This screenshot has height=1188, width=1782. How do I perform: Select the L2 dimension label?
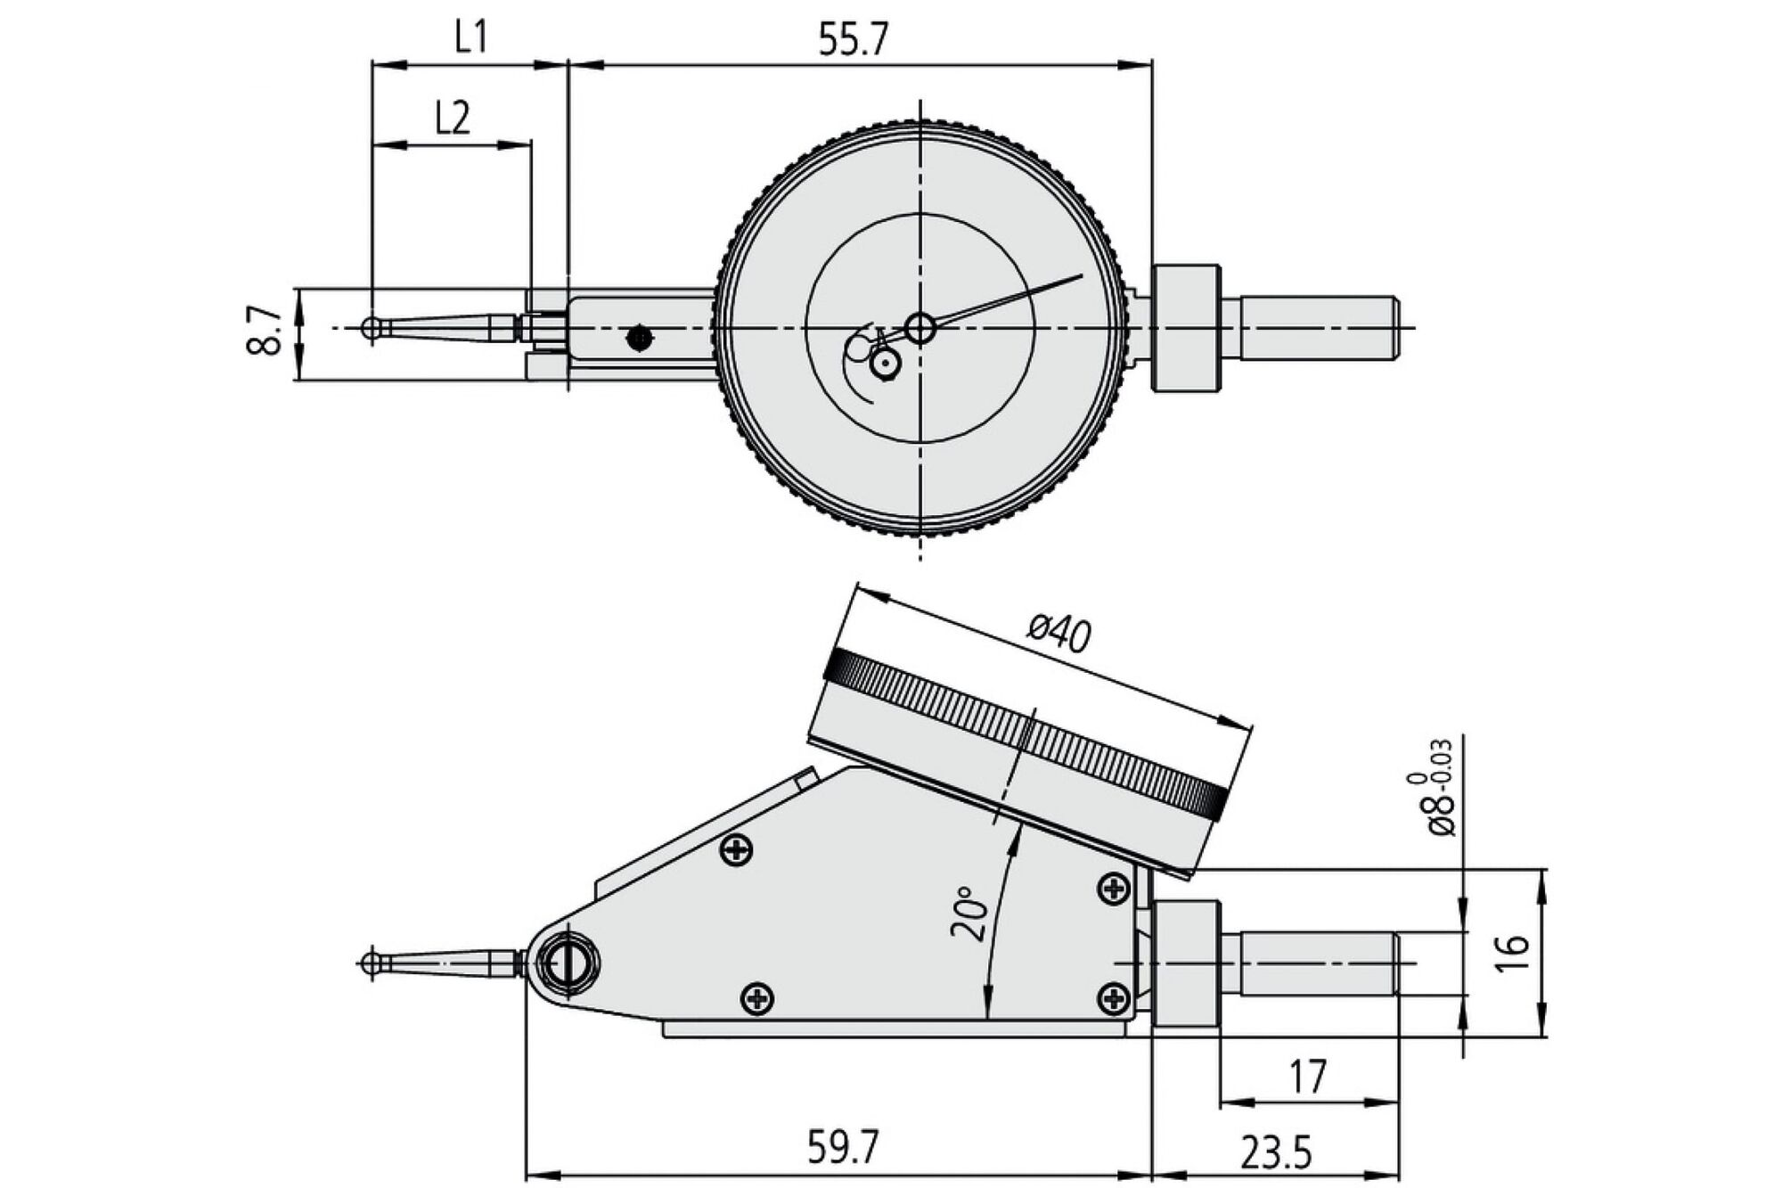click(x=453, y=118)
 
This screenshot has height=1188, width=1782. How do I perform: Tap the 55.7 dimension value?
click(x=854, y=40)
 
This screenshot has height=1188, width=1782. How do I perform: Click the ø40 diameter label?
click(x=1059, y=634)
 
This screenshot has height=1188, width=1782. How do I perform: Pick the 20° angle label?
click(x=969, y=914)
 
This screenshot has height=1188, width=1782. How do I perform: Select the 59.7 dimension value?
click(x=843, y=1147)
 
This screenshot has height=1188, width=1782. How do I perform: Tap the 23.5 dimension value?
click(x=1276, y=1154)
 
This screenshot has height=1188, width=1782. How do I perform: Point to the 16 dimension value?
click(x=1513, y=952)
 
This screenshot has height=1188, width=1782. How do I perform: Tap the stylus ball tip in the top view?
click(x=372, y=329)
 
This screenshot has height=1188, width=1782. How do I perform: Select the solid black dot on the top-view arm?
click(x=639, y=338)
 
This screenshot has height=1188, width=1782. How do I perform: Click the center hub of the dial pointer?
click(x=920, y=329)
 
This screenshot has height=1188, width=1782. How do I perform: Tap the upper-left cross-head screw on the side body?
click(x=736, y=850)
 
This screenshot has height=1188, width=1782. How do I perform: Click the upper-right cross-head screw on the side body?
click(x=1114, y=889)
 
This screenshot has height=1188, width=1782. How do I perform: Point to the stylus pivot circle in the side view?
click(x=568, y=963)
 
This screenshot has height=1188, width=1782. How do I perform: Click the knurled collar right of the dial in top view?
click(x=1185, y=328)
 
